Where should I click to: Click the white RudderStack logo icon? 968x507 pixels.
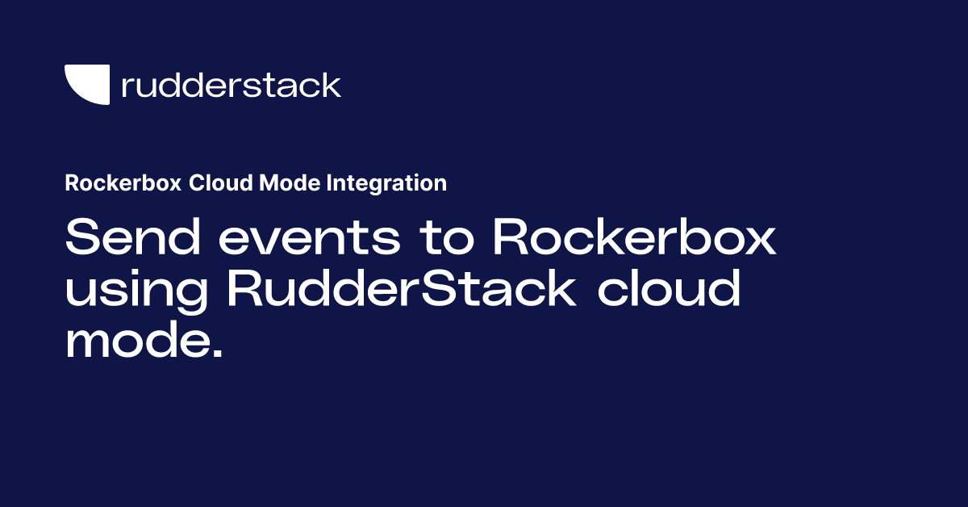pos(86,85)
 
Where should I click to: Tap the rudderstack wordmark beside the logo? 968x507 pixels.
pos(231,85)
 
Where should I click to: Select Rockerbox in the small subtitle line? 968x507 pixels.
pos(123,183)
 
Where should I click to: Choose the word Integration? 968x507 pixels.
pos(386,183)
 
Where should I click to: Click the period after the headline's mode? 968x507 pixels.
pos(215,353)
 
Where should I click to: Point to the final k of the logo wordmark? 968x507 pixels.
pos(331,85)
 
